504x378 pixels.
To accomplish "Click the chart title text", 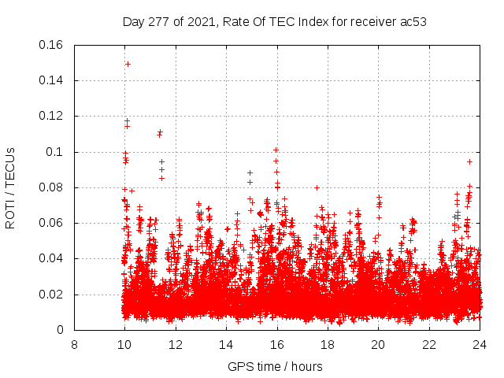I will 275,21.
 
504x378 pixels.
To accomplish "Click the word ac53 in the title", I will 412,21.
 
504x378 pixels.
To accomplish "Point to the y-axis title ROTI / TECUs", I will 10,187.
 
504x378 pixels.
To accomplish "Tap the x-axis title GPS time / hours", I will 275,366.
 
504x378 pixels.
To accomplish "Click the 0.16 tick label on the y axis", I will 52,45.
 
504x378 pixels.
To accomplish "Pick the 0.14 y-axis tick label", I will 52,80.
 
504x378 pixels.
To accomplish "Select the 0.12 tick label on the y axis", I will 52,117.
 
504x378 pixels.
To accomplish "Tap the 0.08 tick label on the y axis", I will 52,187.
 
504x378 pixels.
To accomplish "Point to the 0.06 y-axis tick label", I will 52,223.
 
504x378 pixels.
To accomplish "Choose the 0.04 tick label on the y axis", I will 52,259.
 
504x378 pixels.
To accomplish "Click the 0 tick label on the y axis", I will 62,330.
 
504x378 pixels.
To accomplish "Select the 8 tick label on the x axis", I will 74,345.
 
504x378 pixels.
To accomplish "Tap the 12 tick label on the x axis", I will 176,345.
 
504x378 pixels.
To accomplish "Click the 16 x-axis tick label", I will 277,345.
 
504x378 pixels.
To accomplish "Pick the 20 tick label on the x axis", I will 378,345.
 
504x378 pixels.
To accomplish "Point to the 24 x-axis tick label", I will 480,345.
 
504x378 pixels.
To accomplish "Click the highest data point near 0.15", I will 128,64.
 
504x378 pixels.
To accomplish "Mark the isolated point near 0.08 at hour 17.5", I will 317,187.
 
